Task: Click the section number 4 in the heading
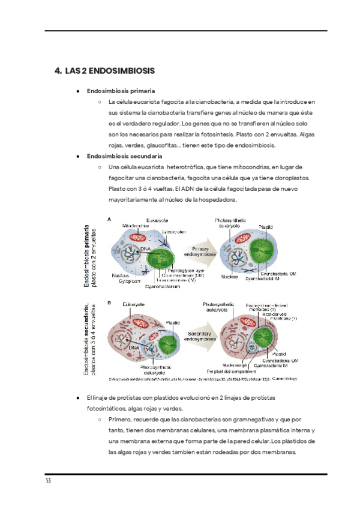58,71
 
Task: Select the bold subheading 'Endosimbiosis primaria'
121,91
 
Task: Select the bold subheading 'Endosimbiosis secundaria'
124,156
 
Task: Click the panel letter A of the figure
109,220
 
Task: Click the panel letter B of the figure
109,303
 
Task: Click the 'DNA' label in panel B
133,348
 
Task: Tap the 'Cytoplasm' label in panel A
124,280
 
